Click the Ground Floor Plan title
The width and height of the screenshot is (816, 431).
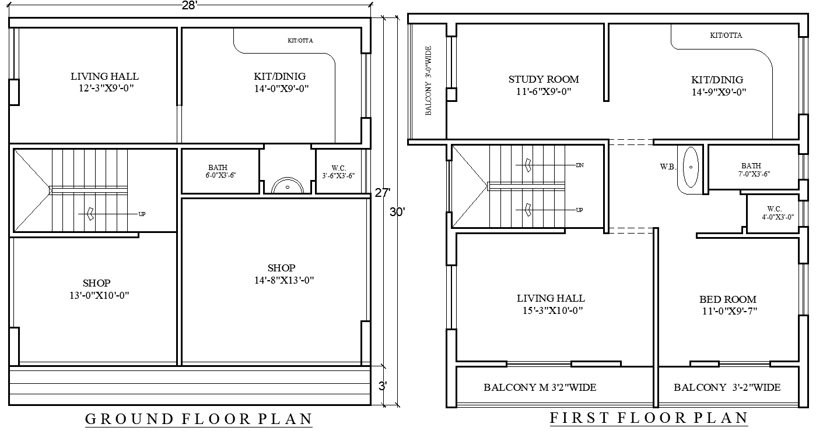pos(198,419)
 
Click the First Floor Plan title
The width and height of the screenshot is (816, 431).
pos(649,418)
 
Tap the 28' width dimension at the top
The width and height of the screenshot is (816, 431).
pos(190,5)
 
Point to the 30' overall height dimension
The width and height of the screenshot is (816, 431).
pos(397,213)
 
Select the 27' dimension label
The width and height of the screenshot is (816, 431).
pos(382,193)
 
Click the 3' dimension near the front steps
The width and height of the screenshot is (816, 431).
pos(383,386)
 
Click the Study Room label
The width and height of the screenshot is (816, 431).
pos(544,79)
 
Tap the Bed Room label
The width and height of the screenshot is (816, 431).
pos(728,299)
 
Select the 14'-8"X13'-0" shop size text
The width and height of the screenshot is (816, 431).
pos(281,280)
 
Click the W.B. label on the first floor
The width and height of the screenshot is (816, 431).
pos(667,167)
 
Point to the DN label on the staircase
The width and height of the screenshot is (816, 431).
pos(579,165)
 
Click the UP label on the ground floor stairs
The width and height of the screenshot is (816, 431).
pos(142,214)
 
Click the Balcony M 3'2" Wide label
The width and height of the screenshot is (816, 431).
pos(540,387)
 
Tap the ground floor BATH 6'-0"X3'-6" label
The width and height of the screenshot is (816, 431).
pos(220,171)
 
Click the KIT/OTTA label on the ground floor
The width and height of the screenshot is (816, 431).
pos(300,41)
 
